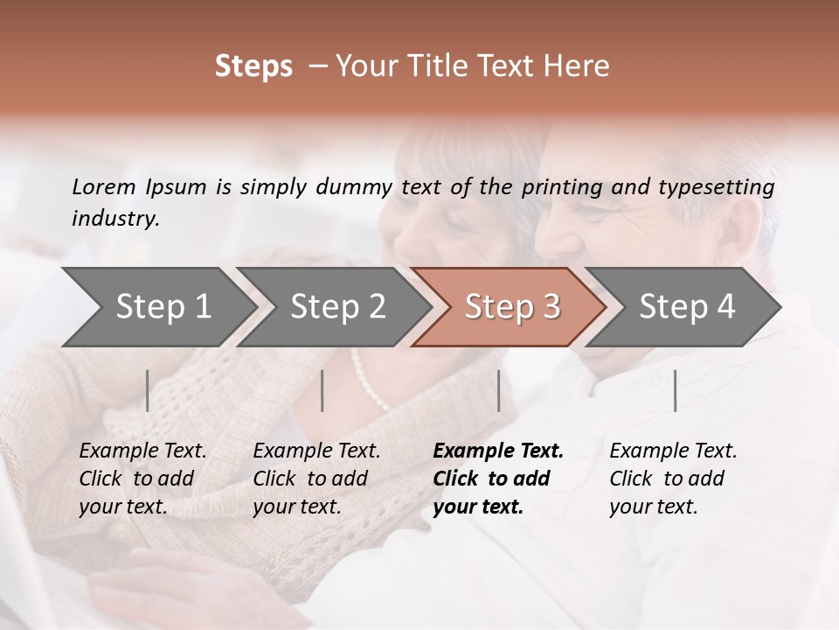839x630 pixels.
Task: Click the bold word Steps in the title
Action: click(x=253, y=66)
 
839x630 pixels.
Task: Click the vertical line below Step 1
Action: click(x=148, y=390)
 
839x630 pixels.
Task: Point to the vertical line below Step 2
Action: click(x=322, y=390)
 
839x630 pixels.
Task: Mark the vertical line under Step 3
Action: click(x=498, y=390)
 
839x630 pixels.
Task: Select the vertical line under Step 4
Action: click(x=675, y=390)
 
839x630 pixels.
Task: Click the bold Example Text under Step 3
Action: click(x=498, y=479)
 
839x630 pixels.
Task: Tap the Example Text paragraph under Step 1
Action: click(x=142, y=479)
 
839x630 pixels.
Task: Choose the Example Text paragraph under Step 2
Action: click(x=316, y=479)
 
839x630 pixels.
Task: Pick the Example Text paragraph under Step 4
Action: click(x=673, y=479)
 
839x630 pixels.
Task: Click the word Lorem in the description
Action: click(x=104, y=186)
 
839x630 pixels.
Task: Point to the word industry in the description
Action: click(x=115, y=219)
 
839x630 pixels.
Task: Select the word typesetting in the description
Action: click(x=723, y=187)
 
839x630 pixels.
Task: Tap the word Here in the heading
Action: click(x=581, y=66)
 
